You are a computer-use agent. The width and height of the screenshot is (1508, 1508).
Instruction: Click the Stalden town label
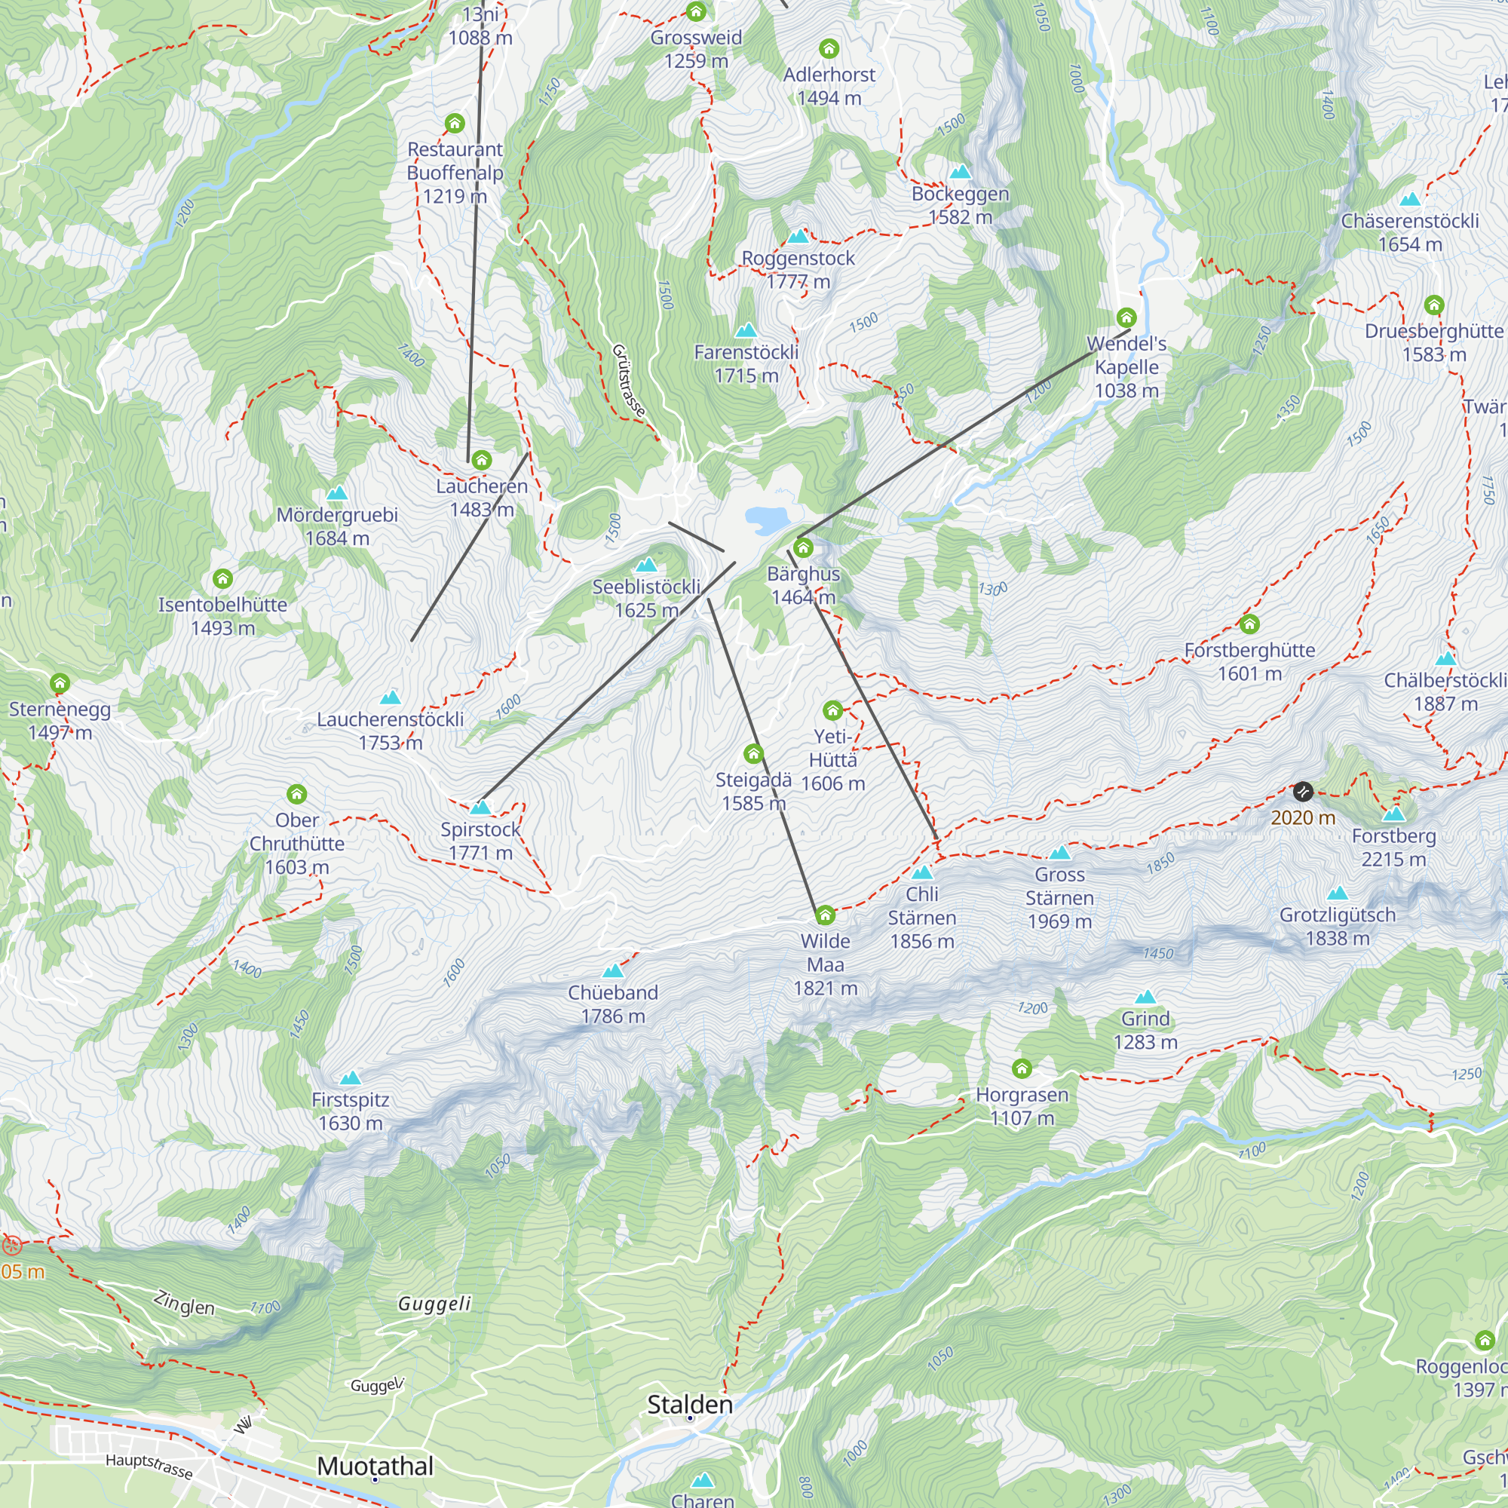click(x=689, y=1404)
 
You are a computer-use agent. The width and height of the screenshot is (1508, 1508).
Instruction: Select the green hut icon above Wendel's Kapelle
click(x=1126, y=317)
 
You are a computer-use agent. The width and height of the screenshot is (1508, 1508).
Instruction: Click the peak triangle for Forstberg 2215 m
click(x=1393, y=815)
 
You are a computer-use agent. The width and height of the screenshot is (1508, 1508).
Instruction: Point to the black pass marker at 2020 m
click(x=1303, y=792)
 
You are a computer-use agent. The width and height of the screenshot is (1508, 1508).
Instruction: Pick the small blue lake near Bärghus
click(x=767, y=519)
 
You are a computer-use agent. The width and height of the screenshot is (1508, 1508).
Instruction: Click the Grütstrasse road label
click(x=628, y=380)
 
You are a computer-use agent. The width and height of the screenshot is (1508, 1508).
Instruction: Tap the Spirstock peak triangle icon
click(x=480, y=808)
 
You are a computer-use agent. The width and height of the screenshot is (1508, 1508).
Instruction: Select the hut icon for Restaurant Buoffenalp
click(x=455, y=124)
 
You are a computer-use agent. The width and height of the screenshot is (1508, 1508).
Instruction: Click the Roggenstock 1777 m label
click(x=798, y=269)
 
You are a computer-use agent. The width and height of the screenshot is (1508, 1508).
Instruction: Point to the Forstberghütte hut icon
click(x=1249, y=624)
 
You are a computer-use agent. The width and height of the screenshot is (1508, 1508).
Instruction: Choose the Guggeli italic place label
click(x=435, y=1304)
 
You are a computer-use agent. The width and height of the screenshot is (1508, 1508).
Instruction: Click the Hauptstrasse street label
click(x=149, y=1466)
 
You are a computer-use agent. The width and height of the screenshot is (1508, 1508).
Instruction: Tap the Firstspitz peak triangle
click(x=351, y=1079)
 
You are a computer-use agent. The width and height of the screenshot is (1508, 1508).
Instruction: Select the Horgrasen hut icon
click(x=1022, y=1068)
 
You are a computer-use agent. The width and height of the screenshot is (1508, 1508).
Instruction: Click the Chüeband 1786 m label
click(x=613, y=1004)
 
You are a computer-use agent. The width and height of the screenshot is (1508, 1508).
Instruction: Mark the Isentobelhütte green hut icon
click(x=222, y=578)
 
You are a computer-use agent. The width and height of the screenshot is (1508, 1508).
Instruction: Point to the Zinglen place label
click(x=184, y=1304)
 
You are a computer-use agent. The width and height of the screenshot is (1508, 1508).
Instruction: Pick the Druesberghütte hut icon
click(x=1434, y=305)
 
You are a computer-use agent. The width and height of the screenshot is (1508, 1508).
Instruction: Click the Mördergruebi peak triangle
click(x=337, y=493)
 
